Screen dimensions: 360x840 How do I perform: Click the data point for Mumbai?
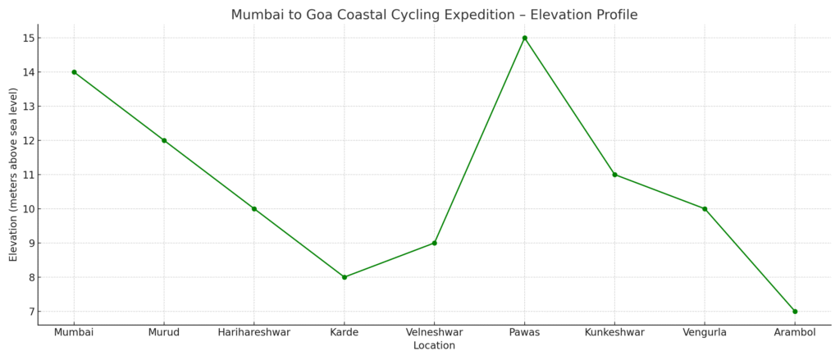point(74,72)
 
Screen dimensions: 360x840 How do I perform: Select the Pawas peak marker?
point(524,38)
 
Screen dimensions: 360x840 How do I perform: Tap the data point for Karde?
point(345,277)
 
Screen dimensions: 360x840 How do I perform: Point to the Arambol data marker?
point(795,312)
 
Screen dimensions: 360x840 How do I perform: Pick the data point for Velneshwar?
point(434,243)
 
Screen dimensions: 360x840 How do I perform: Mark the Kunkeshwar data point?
point(614,175)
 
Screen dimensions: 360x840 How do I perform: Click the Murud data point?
point(164,140)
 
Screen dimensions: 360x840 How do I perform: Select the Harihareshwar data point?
point(254,209)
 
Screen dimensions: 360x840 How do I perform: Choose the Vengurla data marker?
point(705,209)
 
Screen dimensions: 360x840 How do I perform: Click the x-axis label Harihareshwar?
point(254,332)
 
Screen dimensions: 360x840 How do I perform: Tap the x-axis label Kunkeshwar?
point(614,332)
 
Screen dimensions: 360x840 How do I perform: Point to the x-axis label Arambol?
point(795,332)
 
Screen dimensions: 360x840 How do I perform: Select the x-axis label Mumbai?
point(74,332)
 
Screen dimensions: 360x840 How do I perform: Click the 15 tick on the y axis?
point(28,38)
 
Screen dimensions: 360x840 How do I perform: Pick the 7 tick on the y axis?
point(30,312)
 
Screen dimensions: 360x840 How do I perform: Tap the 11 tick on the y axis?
point(28,175)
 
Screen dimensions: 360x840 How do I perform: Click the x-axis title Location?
point(434,346)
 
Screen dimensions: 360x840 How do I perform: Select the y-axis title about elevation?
point(13,175)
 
